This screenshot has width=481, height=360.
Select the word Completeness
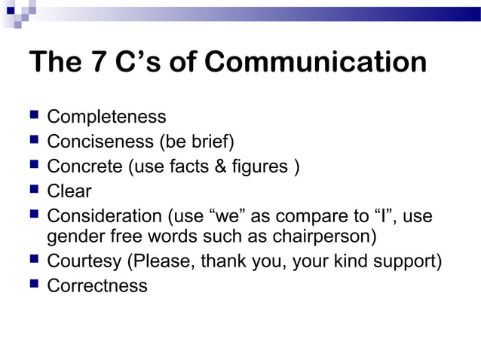pyautogui.click(x=106, y=117)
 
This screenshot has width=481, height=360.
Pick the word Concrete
pyautogui.click(x=84, y=166)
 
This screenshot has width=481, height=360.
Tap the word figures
pyautogui.click(x=262, y=166)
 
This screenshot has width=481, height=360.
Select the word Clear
pyautogui.click(x=69, y=191)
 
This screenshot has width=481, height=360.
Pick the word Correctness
pyautogui.click(x=97, y=286)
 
